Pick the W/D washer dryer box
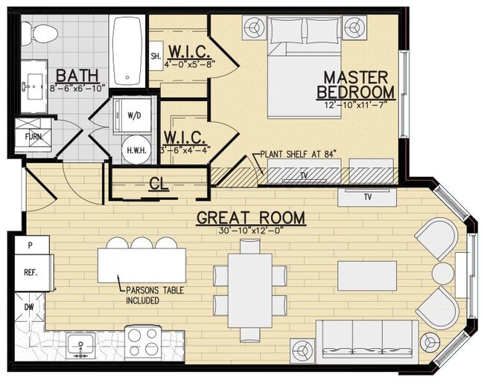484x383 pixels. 133,115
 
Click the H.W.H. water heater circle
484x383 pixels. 135,147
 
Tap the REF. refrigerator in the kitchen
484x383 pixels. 31,272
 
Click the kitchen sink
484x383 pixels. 80,344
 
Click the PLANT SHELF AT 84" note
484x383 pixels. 298,155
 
